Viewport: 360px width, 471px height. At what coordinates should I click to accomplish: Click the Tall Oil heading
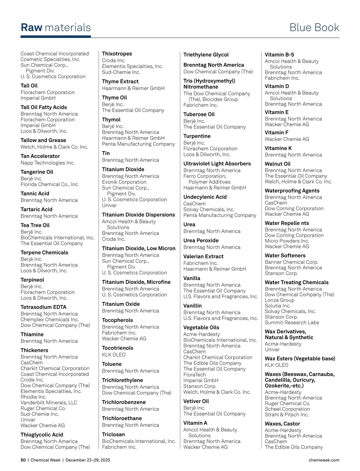coord(29,86)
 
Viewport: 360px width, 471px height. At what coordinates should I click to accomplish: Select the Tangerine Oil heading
coord(37,172)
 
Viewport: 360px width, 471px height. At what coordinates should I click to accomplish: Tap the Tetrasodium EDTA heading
coord(43,307)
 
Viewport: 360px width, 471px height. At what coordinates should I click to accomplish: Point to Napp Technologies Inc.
coord(47,163)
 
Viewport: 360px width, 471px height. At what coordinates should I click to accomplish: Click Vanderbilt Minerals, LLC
coord(49,403)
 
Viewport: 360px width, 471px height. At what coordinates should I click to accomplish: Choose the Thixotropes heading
coord(117,54)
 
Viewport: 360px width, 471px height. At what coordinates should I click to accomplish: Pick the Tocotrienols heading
coord(118,348)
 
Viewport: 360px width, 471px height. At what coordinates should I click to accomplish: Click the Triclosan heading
coord(113,434)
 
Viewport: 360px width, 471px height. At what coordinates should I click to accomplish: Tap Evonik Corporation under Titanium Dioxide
coord(124,182)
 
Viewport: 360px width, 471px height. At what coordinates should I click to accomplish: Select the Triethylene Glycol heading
coord(206,55)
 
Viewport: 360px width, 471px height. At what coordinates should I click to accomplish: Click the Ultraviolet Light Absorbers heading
coord(217,164)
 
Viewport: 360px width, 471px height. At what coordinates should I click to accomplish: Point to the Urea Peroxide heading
coord(201,240)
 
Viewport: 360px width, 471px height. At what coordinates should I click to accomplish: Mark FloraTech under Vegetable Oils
coord(194,375)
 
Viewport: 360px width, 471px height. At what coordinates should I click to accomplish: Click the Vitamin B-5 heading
coord(279,55)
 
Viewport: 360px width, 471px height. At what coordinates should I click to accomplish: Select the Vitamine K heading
coord(278,148)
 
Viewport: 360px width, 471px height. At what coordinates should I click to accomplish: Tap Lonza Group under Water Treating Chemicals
coord(280,300)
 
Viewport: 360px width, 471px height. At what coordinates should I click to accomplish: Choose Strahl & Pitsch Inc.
coord(286,415)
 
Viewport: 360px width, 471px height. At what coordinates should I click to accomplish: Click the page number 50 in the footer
coord(23,460)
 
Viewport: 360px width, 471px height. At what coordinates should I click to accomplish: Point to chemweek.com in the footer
coord(324,460)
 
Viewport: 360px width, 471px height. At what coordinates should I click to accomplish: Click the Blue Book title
coord(314,28)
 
